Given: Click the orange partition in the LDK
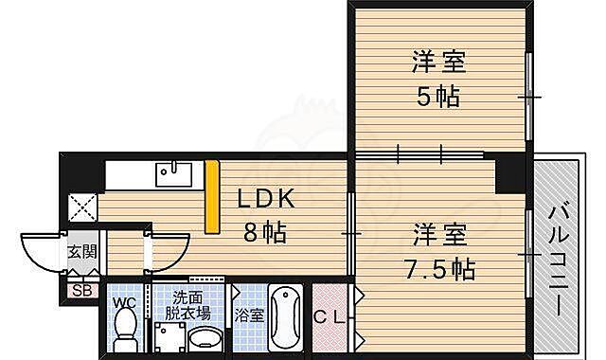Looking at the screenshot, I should pyautogui.click(x=213, y=197).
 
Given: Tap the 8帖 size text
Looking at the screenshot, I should pyautogui.click(x=263, y=230).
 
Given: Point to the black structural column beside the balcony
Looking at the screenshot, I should pyautogui.click(x=511, y=172).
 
